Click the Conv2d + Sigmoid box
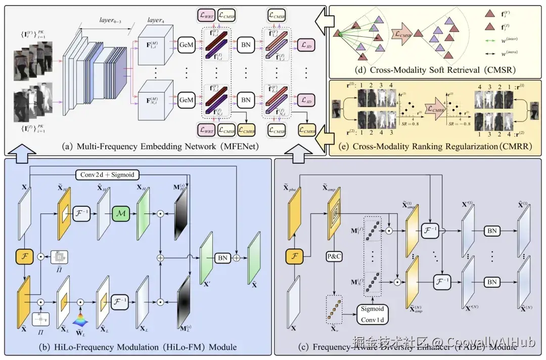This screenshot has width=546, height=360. tap(107, 175)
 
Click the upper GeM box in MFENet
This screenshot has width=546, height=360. tap(186, 47)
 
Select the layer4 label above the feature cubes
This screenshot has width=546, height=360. tap(155, 20)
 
